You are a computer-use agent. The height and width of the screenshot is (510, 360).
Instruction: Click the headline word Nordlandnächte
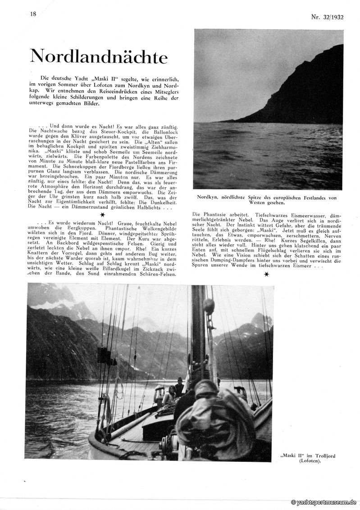(99, 57)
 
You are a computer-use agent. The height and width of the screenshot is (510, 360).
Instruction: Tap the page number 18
(33, 14)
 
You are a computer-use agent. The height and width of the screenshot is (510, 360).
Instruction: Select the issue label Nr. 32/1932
(327, 17)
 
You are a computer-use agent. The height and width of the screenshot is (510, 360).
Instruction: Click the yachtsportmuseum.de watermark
(324, 502)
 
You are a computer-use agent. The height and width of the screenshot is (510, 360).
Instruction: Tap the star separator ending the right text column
(267, 274)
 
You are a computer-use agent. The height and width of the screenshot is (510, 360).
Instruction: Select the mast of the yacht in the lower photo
(198, 333)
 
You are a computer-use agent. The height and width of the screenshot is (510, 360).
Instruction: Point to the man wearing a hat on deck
(179, 387)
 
